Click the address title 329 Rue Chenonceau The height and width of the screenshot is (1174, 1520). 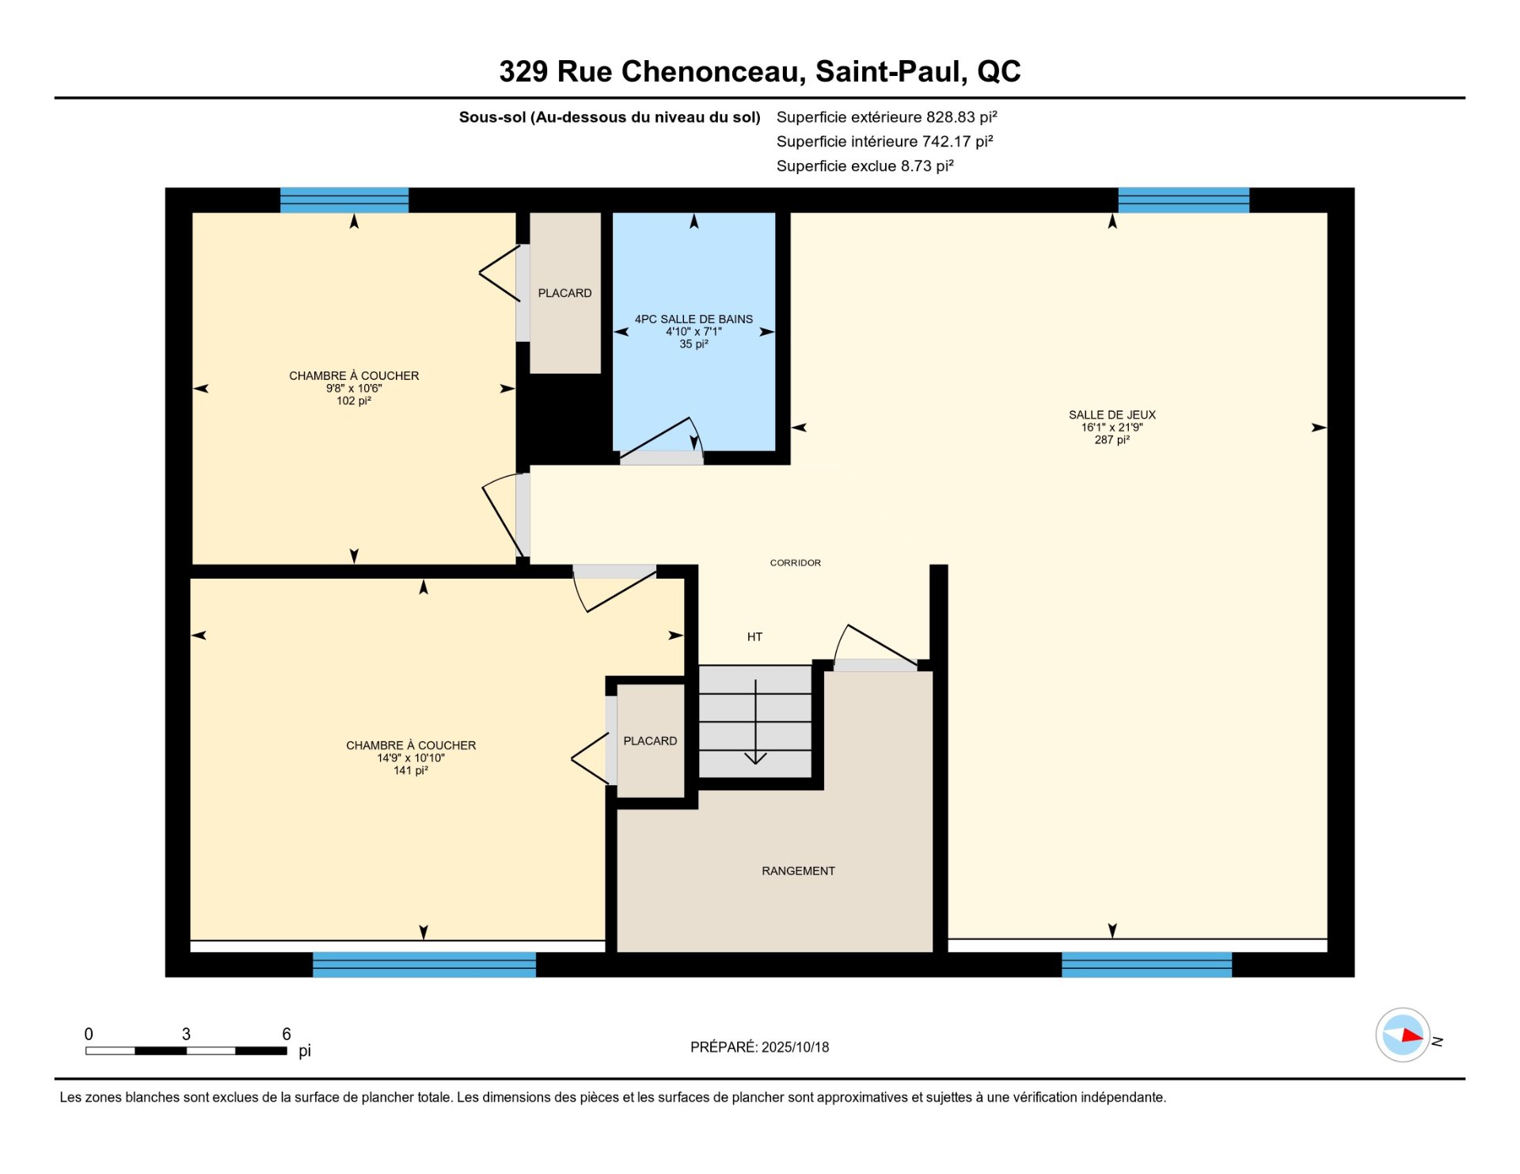tap(652, 71)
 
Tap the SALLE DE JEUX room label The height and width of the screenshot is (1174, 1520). tap(1111, 415)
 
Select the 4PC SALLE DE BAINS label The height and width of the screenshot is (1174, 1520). tap(693, 319)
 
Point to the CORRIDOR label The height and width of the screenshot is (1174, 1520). tap(795, 563)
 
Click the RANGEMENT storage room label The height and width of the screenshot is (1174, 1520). tap(798, 871)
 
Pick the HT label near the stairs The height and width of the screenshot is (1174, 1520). tap(754, 636)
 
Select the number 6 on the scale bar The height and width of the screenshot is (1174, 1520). tap(287, 1034)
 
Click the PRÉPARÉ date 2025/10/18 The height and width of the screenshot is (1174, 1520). tap(795, 1047)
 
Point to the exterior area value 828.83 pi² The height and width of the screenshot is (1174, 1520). tap(961, 117)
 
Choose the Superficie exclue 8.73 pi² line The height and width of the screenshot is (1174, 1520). tap(864, 166)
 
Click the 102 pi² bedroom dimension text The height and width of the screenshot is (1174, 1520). tap(354, 401)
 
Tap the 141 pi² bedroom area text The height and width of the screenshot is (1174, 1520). tap(411, 770)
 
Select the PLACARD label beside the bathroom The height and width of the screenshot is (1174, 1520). tap(564, 293)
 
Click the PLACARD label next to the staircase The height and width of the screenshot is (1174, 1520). tap(650, 741)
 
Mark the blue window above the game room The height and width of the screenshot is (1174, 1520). tap(1184, 200)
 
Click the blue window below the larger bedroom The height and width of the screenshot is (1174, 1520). tap(424, 964)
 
